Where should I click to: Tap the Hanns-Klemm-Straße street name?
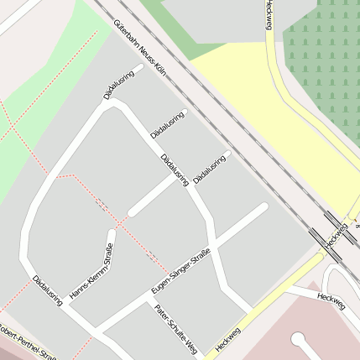91,270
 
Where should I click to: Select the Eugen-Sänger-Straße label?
180,271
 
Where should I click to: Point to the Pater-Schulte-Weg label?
176,328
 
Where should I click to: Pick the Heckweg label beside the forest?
269,15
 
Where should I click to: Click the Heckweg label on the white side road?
331,300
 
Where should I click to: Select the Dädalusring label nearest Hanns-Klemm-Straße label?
48,290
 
